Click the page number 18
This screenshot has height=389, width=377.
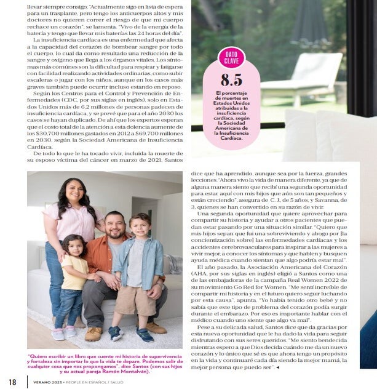click(12, 382)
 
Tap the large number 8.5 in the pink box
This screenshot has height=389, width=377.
click(231, 81)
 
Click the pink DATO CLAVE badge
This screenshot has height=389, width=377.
click(231, 58)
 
